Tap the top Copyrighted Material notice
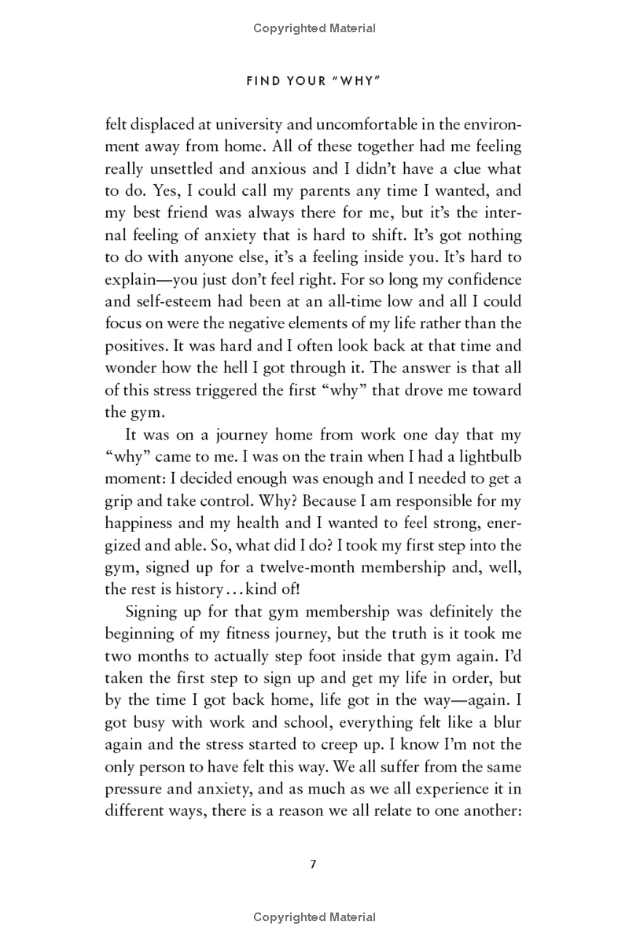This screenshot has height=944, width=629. point(314,29)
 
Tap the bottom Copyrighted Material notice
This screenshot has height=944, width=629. point(314,916)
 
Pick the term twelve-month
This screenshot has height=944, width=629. point(376,565)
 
